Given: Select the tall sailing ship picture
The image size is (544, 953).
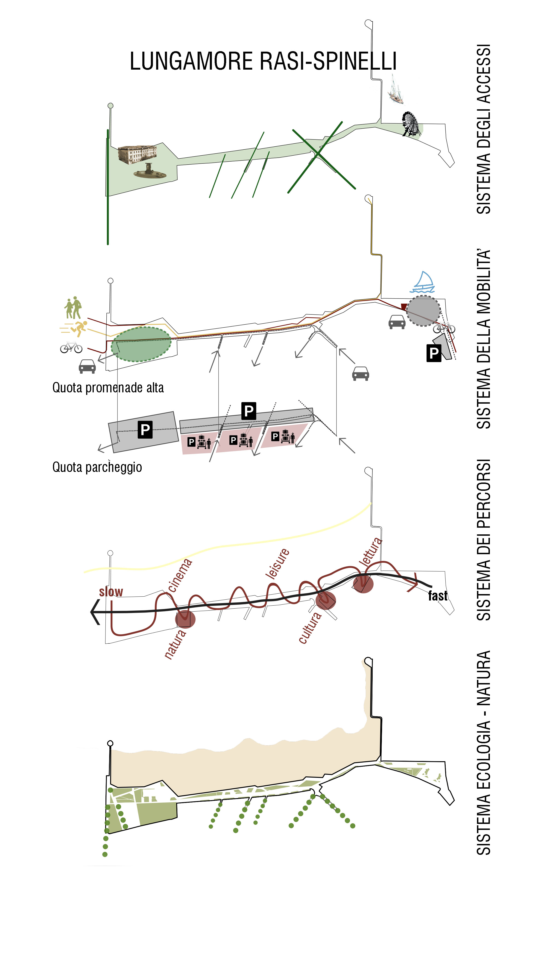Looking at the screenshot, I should pyautogui.click(x=395, y=89).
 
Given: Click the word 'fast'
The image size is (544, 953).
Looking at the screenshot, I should pyautogui.click(x=438, y=596).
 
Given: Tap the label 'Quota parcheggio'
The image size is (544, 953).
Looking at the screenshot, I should pyautogui.click(x=97, y=467).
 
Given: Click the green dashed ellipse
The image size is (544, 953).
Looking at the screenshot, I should pyautogui.click(x=141, y=344).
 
